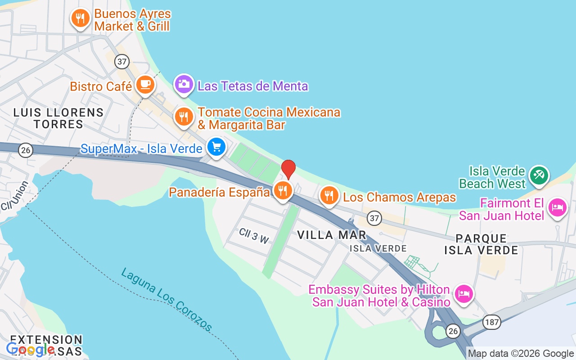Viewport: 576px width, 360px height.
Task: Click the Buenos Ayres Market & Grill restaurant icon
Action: click(80, 18)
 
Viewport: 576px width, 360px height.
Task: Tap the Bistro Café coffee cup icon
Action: click(145, 84)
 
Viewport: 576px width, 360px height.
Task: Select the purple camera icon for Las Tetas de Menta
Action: click(184, 84)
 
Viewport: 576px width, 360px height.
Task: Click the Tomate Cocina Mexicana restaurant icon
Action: click(184, 117)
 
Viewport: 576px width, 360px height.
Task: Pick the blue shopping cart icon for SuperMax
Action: click(216, 147)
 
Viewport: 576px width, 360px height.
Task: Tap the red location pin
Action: click(288, 170)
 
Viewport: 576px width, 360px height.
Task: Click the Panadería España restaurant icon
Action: click(283, 190)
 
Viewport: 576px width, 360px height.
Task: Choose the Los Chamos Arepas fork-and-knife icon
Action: click(329, 195)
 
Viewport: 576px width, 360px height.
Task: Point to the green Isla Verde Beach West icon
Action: click(539, 175)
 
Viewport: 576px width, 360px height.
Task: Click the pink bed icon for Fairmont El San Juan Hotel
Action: click(558, 207)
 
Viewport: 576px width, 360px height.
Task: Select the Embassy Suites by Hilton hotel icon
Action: click(463, 294)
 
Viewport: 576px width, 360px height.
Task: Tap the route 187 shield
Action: click(491, 322)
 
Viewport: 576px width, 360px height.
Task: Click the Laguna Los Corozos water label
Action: click(166, 299)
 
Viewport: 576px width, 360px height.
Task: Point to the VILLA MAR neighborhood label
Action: click(332, 234)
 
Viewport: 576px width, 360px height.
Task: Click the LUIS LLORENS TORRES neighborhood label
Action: click(58, 118)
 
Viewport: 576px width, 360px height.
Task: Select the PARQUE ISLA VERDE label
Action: click(481, 244)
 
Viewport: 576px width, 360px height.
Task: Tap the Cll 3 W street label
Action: click(254, 235)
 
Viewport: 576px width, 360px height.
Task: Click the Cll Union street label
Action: click(14, 195)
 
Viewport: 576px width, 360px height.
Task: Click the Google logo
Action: click(31, 349)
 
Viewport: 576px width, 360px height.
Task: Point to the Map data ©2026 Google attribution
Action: click(521, 354)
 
